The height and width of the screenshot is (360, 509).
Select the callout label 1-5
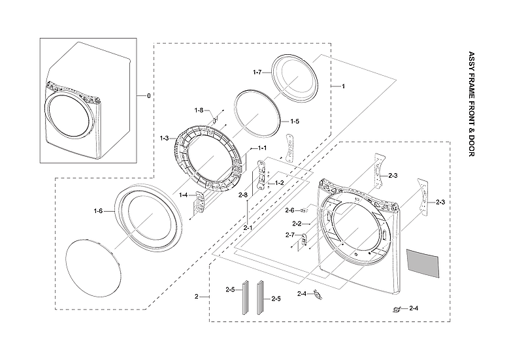pyautogui.click(x=294, y=122)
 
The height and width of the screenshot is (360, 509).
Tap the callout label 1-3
pyautogui.click(x=164, y=138)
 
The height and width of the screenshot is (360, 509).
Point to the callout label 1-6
pyautogui.click(x=98, y=210)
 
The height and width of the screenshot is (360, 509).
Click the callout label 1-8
pyautogui.click(x=199, y=110)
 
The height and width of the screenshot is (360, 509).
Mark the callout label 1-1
pyautogui.click(x=262, y=148)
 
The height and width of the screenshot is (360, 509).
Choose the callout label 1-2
pyautogui.click(x=279, y=183)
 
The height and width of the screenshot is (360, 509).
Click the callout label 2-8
pyautogui.click(x=242, y=195)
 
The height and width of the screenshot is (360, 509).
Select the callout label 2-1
pyautogui.click(x=248, y=228)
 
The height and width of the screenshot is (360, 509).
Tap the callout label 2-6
pyautogui.click(x=289, y=210)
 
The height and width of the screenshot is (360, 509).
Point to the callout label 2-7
pyautogui.click(x=289, y=235)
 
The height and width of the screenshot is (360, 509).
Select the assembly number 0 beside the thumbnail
pyautogui.click(x=148, y=96)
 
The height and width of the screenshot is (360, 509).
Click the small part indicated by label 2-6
pyautogui.click(x=305, y=210)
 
